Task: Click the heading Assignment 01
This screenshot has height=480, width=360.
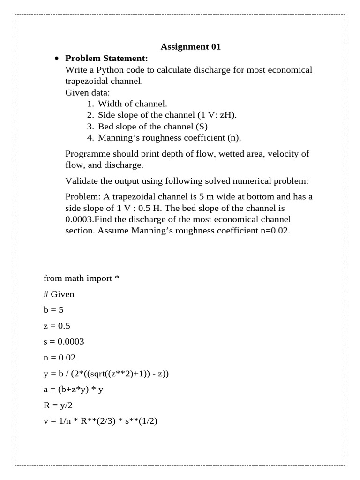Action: click(x=190, y=46)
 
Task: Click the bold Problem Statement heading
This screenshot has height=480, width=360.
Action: click(x=106, y=58)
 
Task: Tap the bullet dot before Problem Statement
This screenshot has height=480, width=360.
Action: click(x=57, y=59)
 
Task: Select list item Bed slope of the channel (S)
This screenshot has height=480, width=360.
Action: click(x=152, y=126)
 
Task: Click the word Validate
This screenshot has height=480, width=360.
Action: click(x=81, y=181)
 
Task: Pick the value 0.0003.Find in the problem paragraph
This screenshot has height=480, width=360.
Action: click(x=91, y=219)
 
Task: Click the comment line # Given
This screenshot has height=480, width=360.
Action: click(x=59, y=294)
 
